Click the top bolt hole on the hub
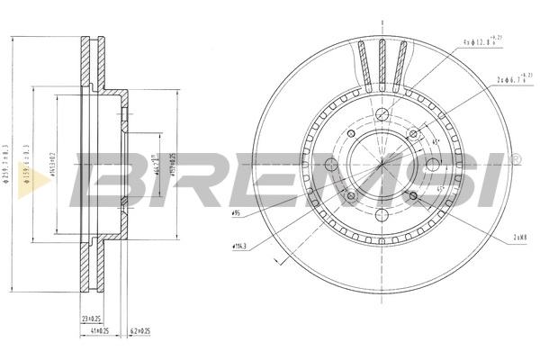(x=382, y=113)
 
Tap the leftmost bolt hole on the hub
(x=331, y=164)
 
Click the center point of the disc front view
(x=382, y=164)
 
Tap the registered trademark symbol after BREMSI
(x=516, y=158)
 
